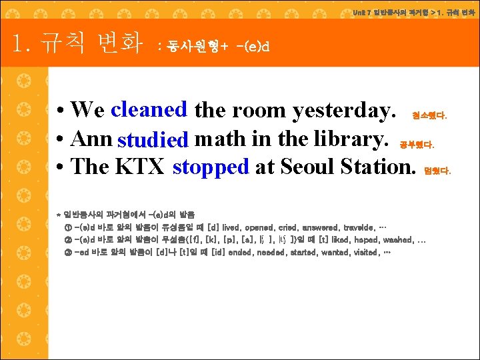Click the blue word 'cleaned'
(149, 109)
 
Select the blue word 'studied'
(152, 139)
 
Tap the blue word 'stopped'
(210, 167)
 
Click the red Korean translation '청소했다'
(429, 115)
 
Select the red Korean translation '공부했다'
(416, 143)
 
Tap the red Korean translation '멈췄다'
(437, 171)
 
